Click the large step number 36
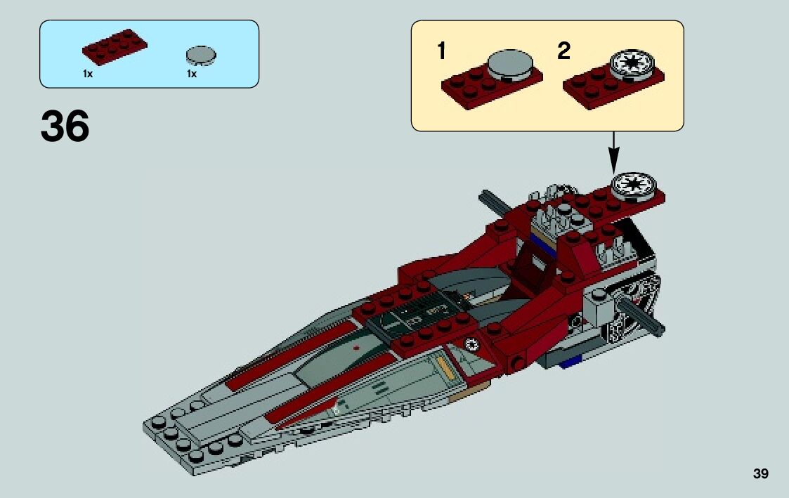point(65,127)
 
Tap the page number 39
point(760,474)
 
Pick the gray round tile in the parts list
point(201,54)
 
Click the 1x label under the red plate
point(87,74)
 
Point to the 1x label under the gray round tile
point(191,74)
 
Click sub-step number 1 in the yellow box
point(441,51)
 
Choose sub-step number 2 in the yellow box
point(563,51)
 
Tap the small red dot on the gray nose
point(357,347)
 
